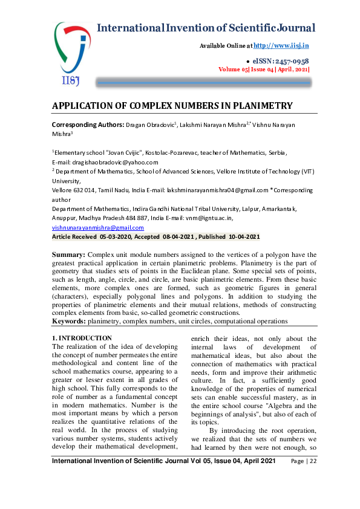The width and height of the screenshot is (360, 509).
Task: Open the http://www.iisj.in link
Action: [x=281, y=45]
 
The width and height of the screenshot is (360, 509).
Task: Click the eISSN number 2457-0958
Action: [x=290, y=61]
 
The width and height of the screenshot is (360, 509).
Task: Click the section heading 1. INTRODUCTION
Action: [x=82, y=338]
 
